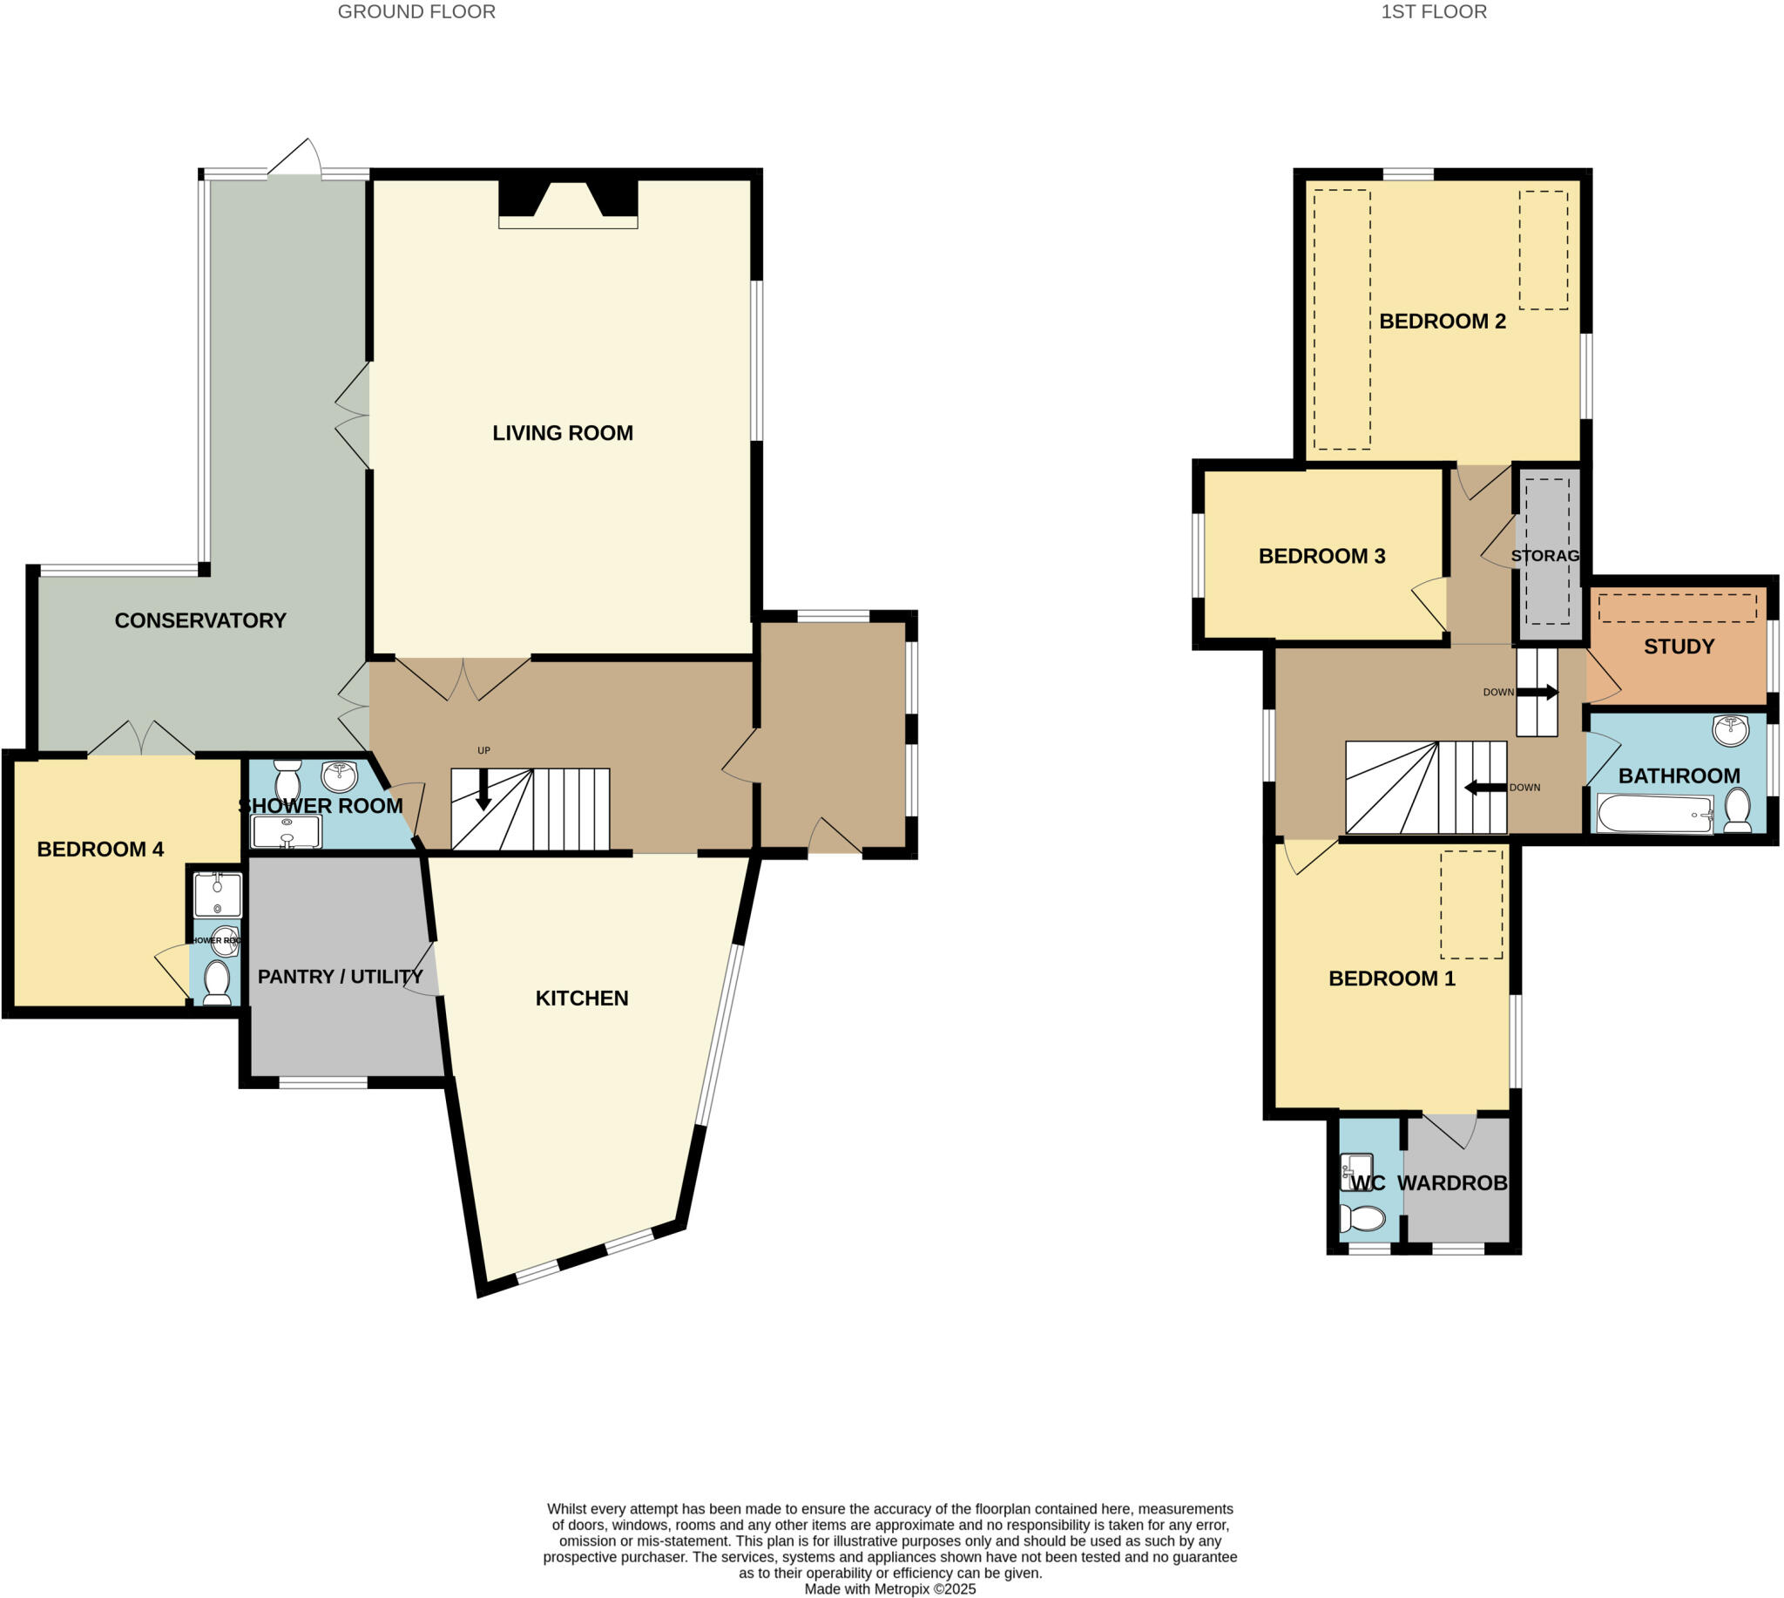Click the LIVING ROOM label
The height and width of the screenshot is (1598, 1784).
pyautogui.click(x=562, y=433)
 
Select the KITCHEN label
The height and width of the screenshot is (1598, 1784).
pyautogui.click(x=581, y=999)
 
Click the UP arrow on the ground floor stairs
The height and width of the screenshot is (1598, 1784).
pyautogui.click(x=483, y=789)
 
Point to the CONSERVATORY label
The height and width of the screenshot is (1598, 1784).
pyautogui.click(x=200, y=620)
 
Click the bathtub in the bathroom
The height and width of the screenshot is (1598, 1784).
pyautogui.click(x=1654, y=814)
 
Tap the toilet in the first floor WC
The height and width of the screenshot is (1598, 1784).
pyautogui.click(x=1362, y=1219)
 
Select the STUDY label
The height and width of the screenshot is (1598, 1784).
pyautogui.click(x=1679, y=647)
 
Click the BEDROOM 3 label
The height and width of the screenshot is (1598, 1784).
pyautogui.click(x=1321, y=556)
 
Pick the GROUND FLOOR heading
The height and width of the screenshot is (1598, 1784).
pyautogui.click(x=416, y=11)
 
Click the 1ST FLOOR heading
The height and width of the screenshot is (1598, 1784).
pyautogui.click(x=1434, y=11)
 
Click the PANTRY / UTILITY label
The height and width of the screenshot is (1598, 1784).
pyautogui.click(x=341, y=977)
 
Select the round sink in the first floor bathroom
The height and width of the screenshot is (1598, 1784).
pyautogui.click(x=1730, y=730)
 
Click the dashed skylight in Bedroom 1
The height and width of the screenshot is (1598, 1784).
pyautogui.click(x=1471, y=904)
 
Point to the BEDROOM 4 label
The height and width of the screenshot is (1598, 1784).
pyautogui.click(x=100, y=849)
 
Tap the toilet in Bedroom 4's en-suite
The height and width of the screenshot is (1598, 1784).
pyautogui.click(x=216, y=982)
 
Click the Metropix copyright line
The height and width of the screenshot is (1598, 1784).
pyautogui.click(x=889, y=1589)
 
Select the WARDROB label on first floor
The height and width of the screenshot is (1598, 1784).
pyautogui.click(x=1452, y=1182)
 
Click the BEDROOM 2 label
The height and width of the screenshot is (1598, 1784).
pyautogui.click(x=1442, y=322)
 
